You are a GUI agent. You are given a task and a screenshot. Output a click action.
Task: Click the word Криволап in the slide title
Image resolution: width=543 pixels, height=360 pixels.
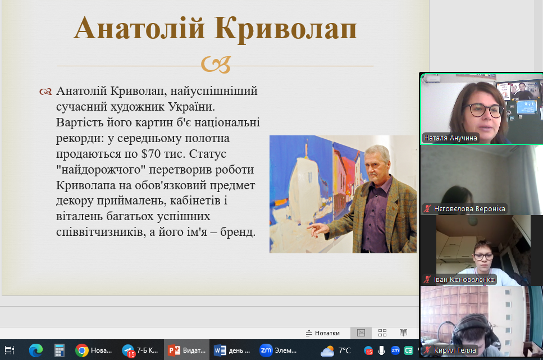click(285, 29)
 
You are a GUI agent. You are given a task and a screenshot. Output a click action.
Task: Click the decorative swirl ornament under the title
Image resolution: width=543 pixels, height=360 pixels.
click(216, 65)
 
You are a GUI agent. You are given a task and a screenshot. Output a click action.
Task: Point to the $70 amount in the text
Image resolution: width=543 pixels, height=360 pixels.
click(151, 153)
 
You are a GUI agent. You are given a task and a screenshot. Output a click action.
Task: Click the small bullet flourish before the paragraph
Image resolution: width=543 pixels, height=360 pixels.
click(45, 92)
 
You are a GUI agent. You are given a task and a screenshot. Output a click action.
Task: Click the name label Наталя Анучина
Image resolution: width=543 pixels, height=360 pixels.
click(450, 138)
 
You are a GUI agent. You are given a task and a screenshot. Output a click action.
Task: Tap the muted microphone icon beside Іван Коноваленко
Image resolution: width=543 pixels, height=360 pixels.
click(427, 279)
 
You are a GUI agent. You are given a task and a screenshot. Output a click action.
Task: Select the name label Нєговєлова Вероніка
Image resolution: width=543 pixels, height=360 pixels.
click(469, 208)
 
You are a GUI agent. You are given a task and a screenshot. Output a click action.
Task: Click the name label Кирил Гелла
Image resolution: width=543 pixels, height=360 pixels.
click(455, 350)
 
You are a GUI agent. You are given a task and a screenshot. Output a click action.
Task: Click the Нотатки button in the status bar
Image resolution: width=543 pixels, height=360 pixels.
click(323, 333)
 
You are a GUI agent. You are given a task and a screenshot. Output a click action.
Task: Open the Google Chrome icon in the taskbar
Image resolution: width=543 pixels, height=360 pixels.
click(82, 350)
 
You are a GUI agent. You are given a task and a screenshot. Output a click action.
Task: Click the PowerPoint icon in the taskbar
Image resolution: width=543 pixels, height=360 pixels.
click(174, 350)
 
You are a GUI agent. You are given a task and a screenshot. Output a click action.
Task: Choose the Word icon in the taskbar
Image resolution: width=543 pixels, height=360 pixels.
click(220, 350)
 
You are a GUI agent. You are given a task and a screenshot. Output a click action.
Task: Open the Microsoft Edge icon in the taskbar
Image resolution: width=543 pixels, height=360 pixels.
click(36, 350)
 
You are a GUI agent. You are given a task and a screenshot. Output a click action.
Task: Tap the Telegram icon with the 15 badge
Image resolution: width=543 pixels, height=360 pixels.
click(128, 350)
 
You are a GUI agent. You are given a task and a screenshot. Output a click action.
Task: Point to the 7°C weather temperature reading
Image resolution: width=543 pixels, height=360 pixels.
click(344, 350)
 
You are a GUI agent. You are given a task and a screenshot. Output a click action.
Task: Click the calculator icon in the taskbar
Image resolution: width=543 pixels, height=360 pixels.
click(59, 350)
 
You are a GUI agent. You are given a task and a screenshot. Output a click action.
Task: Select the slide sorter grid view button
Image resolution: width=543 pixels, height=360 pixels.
click(382, 333)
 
